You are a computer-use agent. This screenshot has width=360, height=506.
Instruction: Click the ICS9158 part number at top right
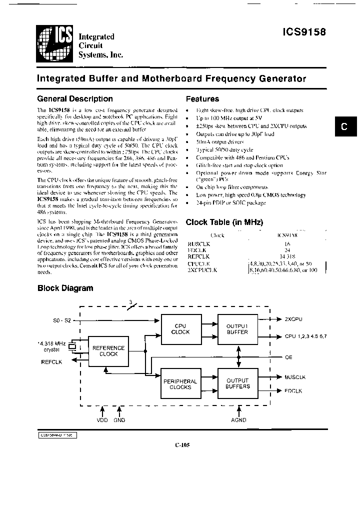[x=304, y=31]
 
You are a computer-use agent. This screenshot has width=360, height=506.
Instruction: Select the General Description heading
[x=75, y=99]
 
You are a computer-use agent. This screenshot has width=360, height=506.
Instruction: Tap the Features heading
[x=202, y=99]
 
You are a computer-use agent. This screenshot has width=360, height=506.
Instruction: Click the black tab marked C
[x=344, y=127]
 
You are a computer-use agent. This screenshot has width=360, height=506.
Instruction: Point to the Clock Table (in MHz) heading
[x=224, y=222]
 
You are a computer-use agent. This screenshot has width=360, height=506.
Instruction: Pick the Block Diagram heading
[x=65, y=288]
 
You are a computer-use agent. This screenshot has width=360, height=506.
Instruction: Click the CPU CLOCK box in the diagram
[x=180, y=329]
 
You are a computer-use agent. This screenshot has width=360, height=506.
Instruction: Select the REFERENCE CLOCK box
[x=108, y=351]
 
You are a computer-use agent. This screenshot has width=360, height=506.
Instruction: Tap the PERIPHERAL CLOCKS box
[x=180, y=384]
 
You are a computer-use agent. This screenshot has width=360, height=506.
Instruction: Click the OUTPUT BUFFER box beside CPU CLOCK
[x=237, y=329]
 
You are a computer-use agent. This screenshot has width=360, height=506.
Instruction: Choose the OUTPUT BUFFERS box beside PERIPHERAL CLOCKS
[x=237, y=384]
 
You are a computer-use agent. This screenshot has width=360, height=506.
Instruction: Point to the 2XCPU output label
[x=293, y=318]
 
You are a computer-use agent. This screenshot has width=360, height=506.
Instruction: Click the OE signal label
[x=288, y=357]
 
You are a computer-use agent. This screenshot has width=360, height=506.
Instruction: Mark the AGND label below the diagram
[x=239, y=420]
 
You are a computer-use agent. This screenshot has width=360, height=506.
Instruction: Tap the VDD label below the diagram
[x=102, y=420]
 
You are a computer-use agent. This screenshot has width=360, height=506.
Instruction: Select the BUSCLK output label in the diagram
[x=295, y=377]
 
